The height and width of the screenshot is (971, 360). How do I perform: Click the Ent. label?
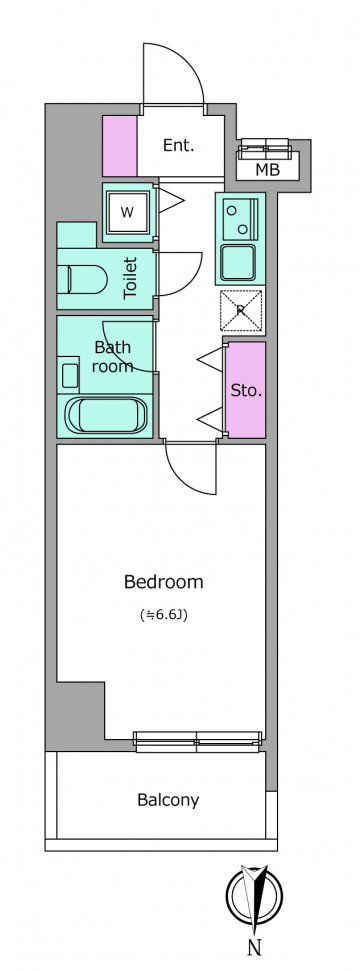tap(178, 146)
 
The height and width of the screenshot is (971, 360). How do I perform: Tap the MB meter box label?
tap(268, 169)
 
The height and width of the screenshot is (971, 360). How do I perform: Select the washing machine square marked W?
tap(127, 212)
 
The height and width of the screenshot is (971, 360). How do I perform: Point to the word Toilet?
tap(130, 279)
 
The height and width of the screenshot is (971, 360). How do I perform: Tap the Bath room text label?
tap(113, 357)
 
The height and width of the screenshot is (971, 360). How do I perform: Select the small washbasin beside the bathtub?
tap(69, 375)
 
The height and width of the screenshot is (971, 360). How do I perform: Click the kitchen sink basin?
tap(239, 262)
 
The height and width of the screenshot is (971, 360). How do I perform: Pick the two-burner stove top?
tap(238, 219)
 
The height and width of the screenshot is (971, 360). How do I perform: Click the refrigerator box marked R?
tap(241, 310)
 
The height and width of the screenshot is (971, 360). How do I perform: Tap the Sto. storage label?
tap(246, 391)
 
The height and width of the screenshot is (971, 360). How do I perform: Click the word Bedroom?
tap(164, 582)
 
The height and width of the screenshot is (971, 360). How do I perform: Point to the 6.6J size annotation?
tap(164, 616)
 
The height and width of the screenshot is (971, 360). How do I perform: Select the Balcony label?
tap(169, 800)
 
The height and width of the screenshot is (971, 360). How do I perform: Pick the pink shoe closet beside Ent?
tap(120, 146)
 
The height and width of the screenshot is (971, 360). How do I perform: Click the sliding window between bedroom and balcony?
tap(198, 741)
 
